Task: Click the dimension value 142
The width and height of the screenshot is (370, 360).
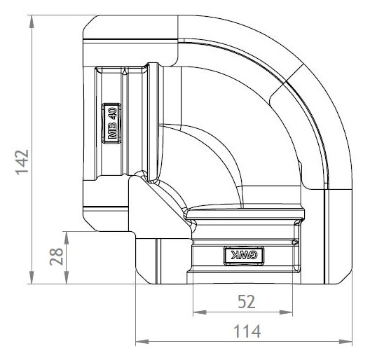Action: (22, 162)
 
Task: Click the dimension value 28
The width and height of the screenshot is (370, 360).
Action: (57, 257)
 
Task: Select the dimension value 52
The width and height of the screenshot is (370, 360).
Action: (247, 302)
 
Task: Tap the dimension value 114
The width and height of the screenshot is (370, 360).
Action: (247, 331)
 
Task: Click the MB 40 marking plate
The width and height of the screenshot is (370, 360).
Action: (111, 123)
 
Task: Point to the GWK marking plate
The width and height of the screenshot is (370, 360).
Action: (244, 256)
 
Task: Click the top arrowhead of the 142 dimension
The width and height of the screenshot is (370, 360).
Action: (32, 22)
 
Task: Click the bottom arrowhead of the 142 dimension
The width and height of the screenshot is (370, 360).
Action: (32, 277)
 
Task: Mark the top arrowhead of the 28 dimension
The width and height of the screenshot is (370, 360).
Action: (67, 238)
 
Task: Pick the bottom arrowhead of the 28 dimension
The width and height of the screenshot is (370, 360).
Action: (67, 277)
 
